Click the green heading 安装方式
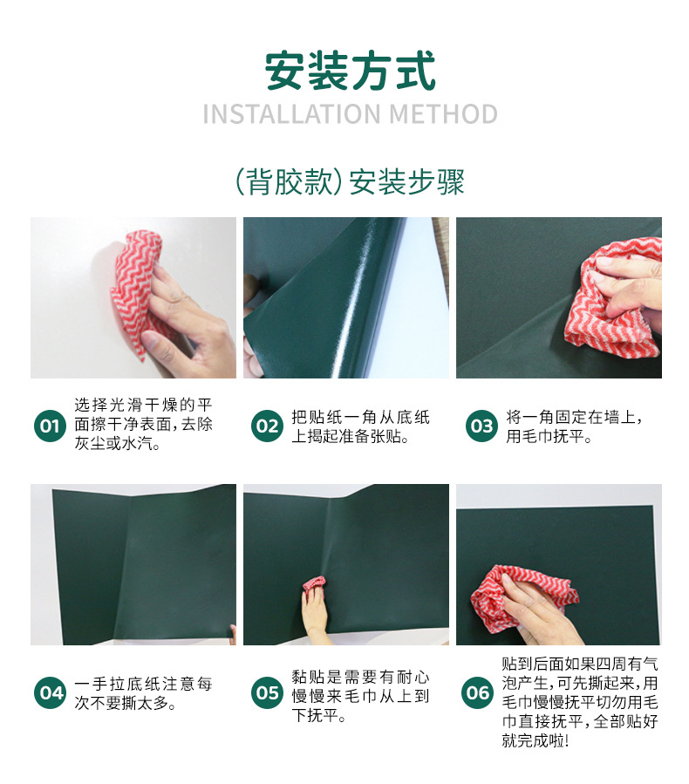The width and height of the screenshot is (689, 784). (350, 71)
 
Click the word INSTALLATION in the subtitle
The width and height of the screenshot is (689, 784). (292, 114)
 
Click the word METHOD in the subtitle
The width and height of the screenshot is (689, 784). (443, 114)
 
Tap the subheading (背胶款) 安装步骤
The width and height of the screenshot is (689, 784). (350, 181)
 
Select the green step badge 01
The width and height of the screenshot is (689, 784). (50, 426)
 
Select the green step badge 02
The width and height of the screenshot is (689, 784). (267, 426)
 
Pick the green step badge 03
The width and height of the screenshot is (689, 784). (481, 426)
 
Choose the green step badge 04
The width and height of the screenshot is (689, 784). (50, 693)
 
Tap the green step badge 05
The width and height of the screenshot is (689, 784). (267, 693)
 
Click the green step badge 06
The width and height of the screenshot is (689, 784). (477, 693)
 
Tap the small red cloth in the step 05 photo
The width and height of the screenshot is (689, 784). (313, 585)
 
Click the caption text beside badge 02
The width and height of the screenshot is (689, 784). (360, 426)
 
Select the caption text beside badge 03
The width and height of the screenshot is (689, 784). (574, 426)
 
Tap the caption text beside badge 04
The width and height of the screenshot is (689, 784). (144, 693)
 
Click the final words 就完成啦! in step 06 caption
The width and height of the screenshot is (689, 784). (535, 740)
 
